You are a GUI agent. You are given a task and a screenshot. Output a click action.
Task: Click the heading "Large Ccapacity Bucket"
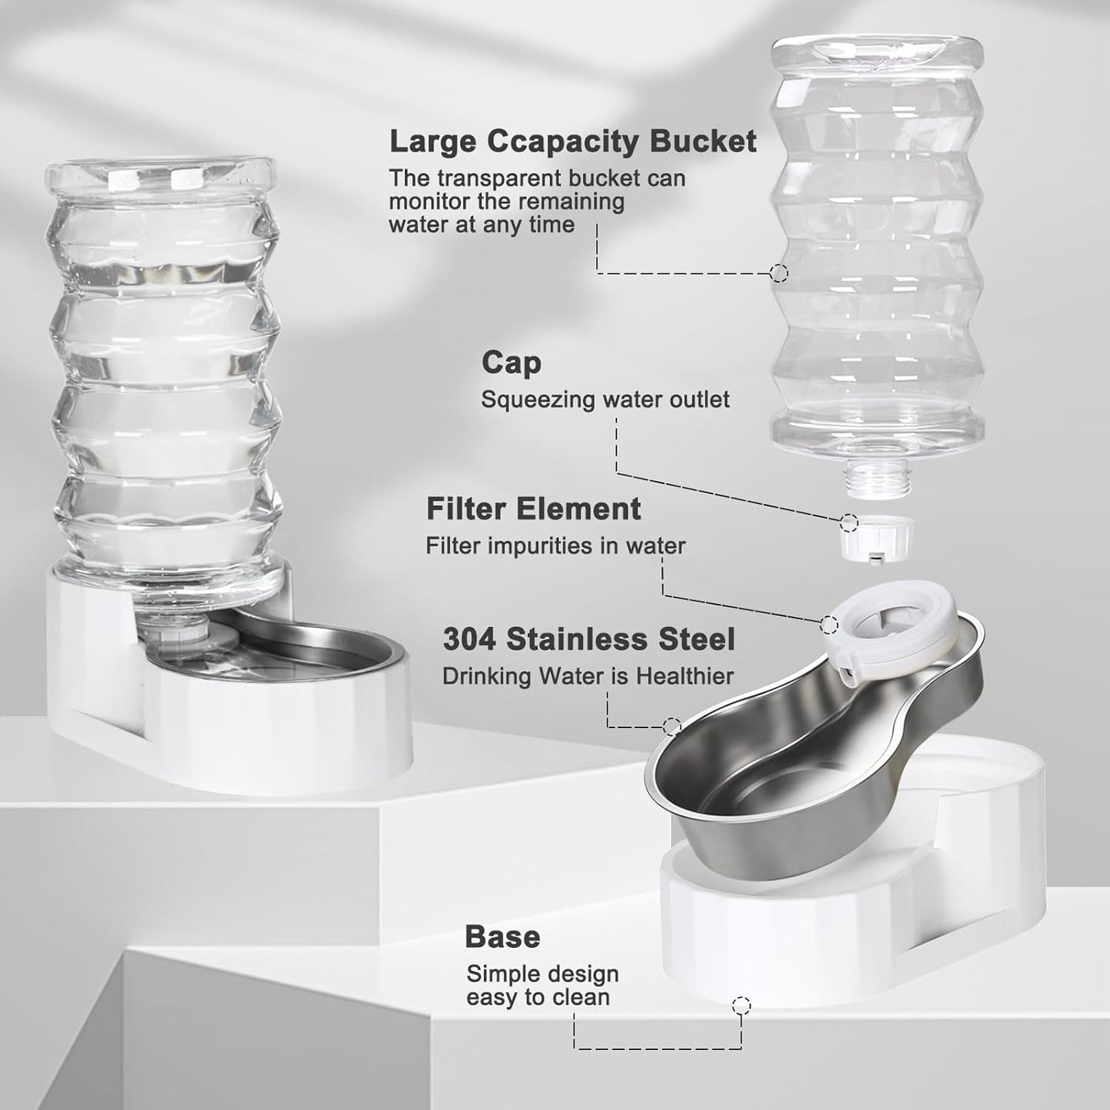(x=572, y=142)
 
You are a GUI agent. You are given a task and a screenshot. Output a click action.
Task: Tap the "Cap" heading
(x=511, y=363)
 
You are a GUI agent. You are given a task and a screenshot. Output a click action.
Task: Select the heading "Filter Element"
(x=533, y=509)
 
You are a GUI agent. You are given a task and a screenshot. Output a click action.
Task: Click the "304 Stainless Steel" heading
(x=588, y=639)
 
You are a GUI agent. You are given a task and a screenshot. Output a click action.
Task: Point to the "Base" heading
(x=502, y=937)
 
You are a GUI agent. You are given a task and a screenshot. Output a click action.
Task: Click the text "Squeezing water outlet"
(x=605, y=399)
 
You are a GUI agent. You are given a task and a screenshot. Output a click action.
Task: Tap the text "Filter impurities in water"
(x=555, y=546)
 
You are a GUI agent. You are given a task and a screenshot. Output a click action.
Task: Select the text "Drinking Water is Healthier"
(x=588, y=677)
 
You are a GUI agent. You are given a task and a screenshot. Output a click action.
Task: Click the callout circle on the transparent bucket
(x=779, y=273)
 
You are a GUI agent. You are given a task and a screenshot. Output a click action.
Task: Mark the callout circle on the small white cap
(x=849, y=522)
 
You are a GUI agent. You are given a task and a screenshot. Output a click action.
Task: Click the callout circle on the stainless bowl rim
(x=671, y=726)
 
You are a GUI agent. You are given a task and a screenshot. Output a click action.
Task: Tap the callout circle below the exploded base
(x=741, y=1005)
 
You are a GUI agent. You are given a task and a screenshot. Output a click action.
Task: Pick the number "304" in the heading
(x=469, y=639)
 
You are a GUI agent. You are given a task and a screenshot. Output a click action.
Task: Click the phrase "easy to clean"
(x=538, y=997)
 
